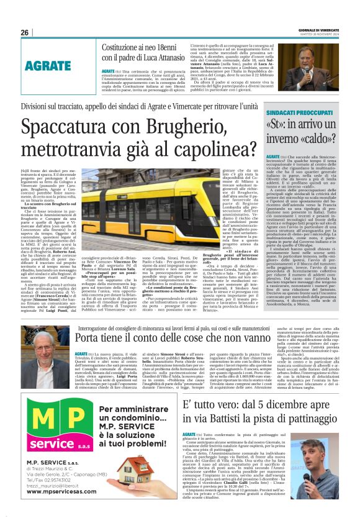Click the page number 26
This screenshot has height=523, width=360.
coord(25,32)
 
